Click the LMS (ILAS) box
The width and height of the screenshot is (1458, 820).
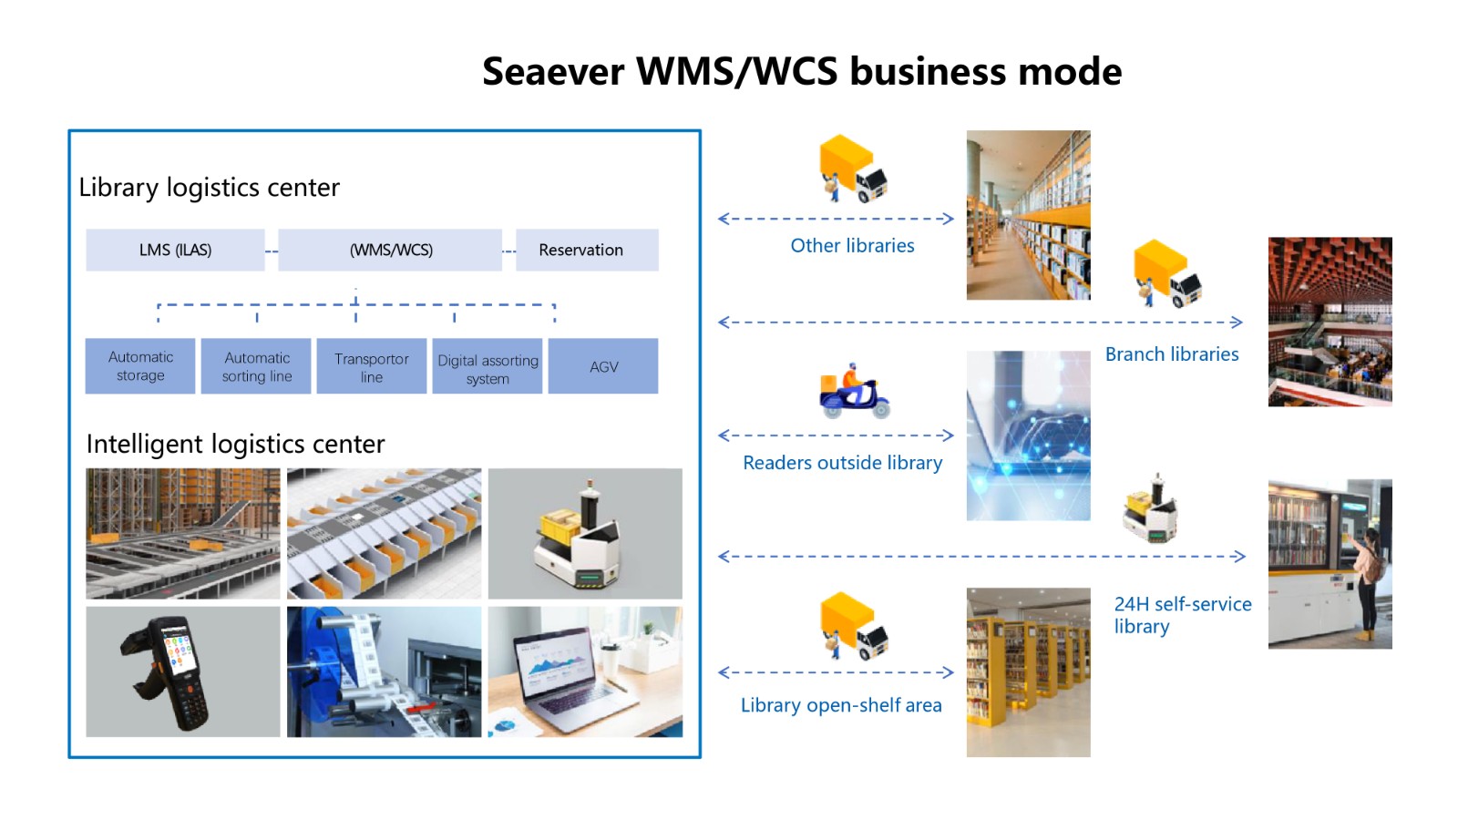click(x=175, y=250)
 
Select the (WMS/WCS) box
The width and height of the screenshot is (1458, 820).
click(x=391, y=250)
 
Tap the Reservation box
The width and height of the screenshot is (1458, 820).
click(x=587, y=250)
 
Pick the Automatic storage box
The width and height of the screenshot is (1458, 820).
click(x=140, y=365)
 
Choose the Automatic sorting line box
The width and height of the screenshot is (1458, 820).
click(x=256, y=365)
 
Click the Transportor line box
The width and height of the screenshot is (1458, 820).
click(x=372, y=365)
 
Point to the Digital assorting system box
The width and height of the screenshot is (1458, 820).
click(x=488, y=365)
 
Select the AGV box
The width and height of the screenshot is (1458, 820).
click(x=603, y=365)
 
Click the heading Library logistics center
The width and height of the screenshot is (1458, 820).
click(x=209, y=188)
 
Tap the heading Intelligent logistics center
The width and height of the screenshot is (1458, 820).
click(x=236, y=444)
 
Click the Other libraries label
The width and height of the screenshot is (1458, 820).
click(x=852, y=245)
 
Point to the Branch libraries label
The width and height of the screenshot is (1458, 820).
click(x=1172, y=354)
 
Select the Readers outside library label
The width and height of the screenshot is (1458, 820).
click(x=842, y=463)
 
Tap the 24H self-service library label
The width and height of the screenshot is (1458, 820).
click(x=1183, y=615)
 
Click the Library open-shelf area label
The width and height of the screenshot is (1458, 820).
click(x=841, y=705)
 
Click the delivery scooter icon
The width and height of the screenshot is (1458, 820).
click(x=854, y=391)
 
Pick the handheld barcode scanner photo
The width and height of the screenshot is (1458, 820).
click(x=183, y=671)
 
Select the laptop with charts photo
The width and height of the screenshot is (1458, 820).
click(x=585, y=671)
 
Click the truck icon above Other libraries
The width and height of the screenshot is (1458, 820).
click(x=853, y=169)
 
